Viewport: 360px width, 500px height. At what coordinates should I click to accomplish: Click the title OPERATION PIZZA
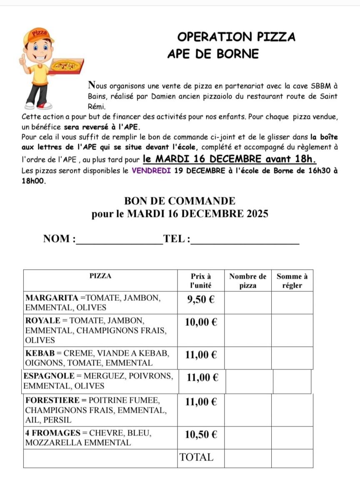(x=236, y=37)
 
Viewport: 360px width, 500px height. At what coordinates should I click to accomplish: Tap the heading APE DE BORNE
(x=213, y=54)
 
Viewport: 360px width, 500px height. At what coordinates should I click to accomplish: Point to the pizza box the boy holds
(x=67, y=67)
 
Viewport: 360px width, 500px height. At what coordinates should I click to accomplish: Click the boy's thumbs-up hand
(x=22, y=61)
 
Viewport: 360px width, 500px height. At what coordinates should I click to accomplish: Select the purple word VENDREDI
(x=151, y=170)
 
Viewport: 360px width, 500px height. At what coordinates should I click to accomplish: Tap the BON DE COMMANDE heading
(x=180, y=201)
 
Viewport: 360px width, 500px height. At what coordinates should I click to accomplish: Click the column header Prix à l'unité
(x=201, y=281)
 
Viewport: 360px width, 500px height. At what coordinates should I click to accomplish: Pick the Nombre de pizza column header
(x=248, y=281)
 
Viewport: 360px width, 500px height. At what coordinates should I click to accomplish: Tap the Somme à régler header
(x=292, y=281)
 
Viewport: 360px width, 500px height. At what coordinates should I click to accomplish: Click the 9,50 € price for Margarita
(x=201, y=300)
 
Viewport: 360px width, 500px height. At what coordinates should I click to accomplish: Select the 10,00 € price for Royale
(x=201, y=322)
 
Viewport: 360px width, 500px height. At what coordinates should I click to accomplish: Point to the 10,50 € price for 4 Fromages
(x=201, y=435)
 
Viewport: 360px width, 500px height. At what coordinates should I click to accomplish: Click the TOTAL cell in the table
(x=196, y=457)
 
